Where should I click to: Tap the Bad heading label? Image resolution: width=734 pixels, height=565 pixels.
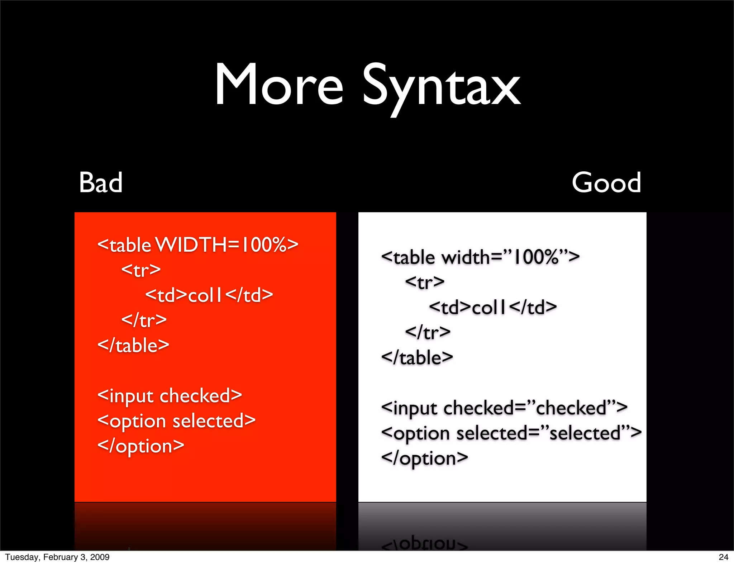tap(101, 182)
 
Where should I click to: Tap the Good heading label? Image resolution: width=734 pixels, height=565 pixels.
tap(606, 182)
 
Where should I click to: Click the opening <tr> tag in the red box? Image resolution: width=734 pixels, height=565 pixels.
tap(141, 270)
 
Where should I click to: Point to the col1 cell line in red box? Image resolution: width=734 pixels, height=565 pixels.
tap(209, 295)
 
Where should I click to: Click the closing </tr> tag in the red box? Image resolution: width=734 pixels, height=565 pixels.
tap(144, 320)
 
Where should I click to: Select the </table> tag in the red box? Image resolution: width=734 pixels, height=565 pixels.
tap(133, 346)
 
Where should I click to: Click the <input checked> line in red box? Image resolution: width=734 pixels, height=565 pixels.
tap(170, 396)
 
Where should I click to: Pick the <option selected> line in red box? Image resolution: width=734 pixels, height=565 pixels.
tap(176, 421)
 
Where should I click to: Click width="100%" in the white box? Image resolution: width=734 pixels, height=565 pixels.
tap(510, 257)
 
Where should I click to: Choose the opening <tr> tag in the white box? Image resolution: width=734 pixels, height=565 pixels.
tap(425, 282)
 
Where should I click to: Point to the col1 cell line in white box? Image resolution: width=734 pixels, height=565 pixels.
tap(493, 308)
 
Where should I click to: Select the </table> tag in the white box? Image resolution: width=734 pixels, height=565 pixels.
tap(417, 358)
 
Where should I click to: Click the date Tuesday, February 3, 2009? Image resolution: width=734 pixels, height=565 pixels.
tap(57, 557)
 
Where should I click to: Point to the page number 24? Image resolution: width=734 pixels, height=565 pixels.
tap(723, 557)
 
